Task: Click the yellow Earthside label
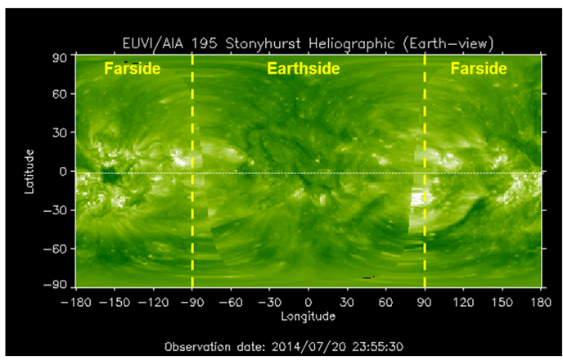(304, 69)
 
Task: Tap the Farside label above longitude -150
(132, 69)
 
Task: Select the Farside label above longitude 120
(479, 69)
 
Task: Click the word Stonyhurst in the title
(263, 44)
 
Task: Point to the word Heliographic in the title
(352, 44)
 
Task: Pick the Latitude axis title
(29, 172)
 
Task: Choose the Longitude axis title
(308, 317)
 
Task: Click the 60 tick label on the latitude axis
(60, 94)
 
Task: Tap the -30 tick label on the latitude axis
(55, 210)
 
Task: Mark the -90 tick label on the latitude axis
(55, 286)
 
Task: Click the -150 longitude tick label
(115, 302)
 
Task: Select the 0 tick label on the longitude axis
(308, 302)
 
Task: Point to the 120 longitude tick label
(463, 302)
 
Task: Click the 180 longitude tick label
(541, 302)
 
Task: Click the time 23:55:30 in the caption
(378, 347)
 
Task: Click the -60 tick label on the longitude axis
(231, 302)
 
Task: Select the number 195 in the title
(205, 44)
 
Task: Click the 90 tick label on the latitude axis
(60, 58)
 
